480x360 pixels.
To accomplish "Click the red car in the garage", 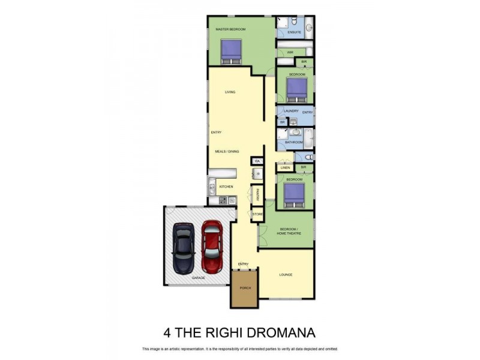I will coord(211,247).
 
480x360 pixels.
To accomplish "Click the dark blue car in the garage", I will coord(184,248).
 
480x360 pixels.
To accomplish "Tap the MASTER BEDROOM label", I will coord(230,29).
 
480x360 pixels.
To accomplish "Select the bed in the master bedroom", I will coord(231,52).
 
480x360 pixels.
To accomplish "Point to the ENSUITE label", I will coord(294,32).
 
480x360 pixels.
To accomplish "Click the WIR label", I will coord(289,52).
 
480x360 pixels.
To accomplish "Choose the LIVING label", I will coord(230,92).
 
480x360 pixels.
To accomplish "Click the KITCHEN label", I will coord(226,187).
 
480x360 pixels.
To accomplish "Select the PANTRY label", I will coord(257,194).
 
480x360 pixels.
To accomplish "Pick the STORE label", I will coord(257,214).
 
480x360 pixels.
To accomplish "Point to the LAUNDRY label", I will coord(291,112).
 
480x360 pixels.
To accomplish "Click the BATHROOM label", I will coord(293,142).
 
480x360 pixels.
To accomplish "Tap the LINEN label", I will coord(286,167).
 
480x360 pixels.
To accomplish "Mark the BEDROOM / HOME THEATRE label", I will coord(288,232).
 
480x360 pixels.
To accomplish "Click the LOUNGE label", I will coord(286,275).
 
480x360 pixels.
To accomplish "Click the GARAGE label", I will coord(198,278).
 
